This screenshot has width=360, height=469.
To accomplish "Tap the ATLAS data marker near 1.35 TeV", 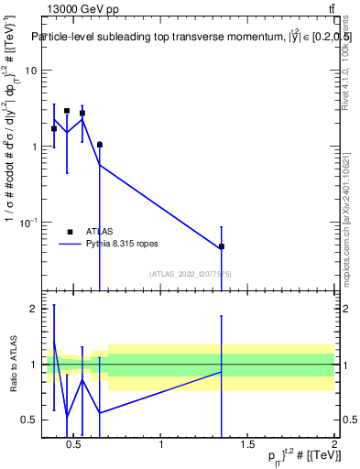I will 222,246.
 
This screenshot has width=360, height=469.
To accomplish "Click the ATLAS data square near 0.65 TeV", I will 100,145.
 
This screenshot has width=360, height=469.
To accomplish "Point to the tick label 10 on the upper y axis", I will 31,71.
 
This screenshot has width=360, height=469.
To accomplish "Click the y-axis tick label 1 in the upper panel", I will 34,147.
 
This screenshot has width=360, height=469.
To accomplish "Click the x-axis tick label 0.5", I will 75,446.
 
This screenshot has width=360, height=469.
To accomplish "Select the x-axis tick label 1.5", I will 248,446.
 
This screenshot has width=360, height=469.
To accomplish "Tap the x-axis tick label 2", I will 333,446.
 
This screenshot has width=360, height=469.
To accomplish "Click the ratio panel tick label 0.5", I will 30,420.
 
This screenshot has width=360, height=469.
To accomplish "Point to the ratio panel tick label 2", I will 34,309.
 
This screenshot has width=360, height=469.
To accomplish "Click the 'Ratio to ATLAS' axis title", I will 13,365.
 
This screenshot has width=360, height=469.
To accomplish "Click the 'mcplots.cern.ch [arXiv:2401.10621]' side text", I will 346,202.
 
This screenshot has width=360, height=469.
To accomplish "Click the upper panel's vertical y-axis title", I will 13,156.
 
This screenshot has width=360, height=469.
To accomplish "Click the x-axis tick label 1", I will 161,446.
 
